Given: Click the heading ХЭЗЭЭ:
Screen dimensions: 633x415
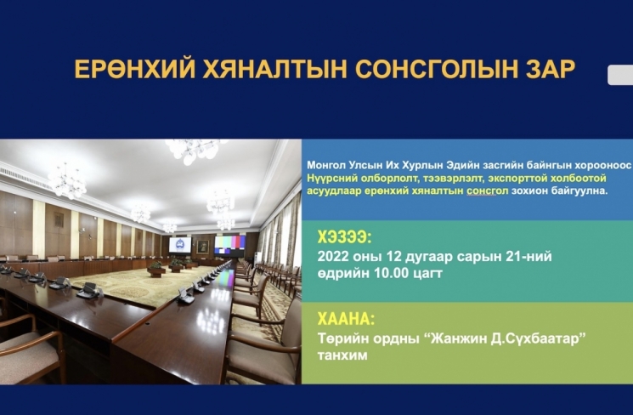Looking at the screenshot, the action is (x=344, y=237).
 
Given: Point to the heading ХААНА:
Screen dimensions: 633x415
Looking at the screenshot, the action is (x=346, y=319).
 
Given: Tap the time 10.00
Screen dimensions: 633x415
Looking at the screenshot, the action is (x=392, y=273).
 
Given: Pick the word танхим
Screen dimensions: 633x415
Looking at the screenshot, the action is (x=342, y=355).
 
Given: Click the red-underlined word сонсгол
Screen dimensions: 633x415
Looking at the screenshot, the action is (x=487, y=190).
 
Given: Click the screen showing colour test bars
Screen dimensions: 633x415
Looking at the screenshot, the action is (x=229, y=244).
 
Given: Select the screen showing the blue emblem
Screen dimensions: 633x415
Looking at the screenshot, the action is (x=180, y=245).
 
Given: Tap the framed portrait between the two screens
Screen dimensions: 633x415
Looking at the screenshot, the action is (x=203, y=247).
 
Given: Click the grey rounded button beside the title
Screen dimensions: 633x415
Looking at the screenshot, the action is (x=620, y=75).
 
